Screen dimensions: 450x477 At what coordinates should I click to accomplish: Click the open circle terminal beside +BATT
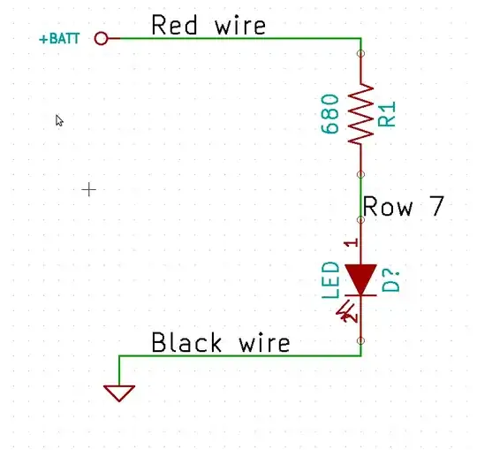pyautogui.click(x=100, y=38)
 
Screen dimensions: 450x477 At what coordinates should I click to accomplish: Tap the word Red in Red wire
pyautogui.click(x=172, y=26)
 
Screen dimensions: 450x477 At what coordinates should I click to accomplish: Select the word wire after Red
pyautogui.click(x=239, y=26)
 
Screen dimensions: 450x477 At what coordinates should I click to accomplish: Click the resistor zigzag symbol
pyautogui.click(x=360, y=113)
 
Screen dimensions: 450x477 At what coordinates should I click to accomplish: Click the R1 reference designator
pyautogui.click(x=388, y=114)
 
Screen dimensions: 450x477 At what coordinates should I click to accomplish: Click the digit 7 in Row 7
pyautogui.click(x=435, y=207)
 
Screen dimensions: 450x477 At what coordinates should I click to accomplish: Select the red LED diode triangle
pyautogui.click(x=360, y=278)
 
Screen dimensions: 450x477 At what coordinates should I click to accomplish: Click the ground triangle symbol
pyautogui.click(x=119, y=392)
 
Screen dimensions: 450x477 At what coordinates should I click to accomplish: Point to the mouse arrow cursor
pyautogui.click(x=59, y=120)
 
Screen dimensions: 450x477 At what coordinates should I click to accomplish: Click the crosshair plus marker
pyautogui.click(x=88, y=188)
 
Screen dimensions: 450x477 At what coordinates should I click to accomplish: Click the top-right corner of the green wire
pyautogui.click(x=360, y=38)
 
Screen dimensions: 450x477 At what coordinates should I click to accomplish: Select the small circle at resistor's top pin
pyautogui.click(x=360, y=54)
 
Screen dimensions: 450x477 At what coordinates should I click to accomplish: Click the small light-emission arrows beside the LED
pyautogui.click(x=347, y=310)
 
